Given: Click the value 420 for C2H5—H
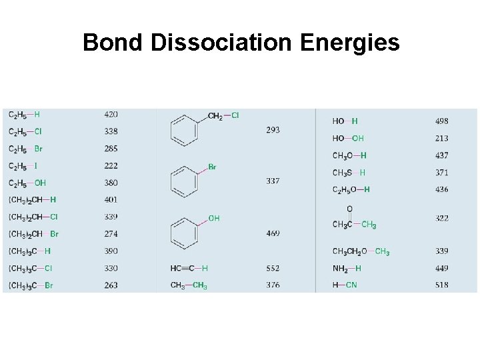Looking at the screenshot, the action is [111, 114].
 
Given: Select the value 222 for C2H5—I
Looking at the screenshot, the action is [111, 165].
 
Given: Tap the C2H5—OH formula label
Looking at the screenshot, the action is [27, 183].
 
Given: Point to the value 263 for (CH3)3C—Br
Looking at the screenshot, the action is [111, 285].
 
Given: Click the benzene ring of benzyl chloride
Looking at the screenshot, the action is [185, 129].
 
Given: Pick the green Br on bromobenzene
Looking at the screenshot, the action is [212, 167].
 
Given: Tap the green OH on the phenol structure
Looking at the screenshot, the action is [214, 218].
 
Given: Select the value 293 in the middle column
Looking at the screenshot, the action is [273, 129].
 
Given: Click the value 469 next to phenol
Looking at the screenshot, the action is [273, 233].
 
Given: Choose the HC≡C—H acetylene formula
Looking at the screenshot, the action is [189, 268].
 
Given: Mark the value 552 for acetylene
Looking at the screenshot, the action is [273, 268].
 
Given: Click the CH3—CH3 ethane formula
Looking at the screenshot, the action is [189, 285].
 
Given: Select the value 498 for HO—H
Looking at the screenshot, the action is [441, 121].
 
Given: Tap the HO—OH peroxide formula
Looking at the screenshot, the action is [348, 138].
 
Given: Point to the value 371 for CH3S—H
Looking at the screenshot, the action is [441, 173].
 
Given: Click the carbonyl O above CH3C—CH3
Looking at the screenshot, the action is [349, 209].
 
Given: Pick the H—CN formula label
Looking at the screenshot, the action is [345, 285].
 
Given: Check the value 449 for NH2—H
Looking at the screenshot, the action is [441, 268].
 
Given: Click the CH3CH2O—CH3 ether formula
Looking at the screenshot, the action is [361, 251].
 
